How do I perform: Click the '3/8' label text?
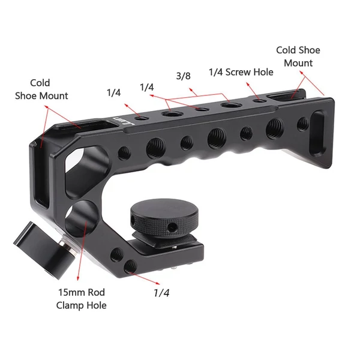[183, 76]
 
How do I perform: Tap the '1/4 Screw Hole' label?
[241, 72]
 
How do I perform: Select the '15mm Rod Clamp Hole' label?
[81, 299]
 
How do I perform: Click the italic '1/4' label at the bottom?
[161, 293]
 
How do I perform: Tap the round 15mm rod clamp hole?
[82, 218]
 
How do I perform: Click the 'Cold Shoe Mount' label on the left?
[41, 89]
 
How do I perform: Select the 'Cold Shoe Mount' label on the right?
[298, 56]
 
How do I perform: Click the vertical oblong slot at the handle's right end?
[319, 133]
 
